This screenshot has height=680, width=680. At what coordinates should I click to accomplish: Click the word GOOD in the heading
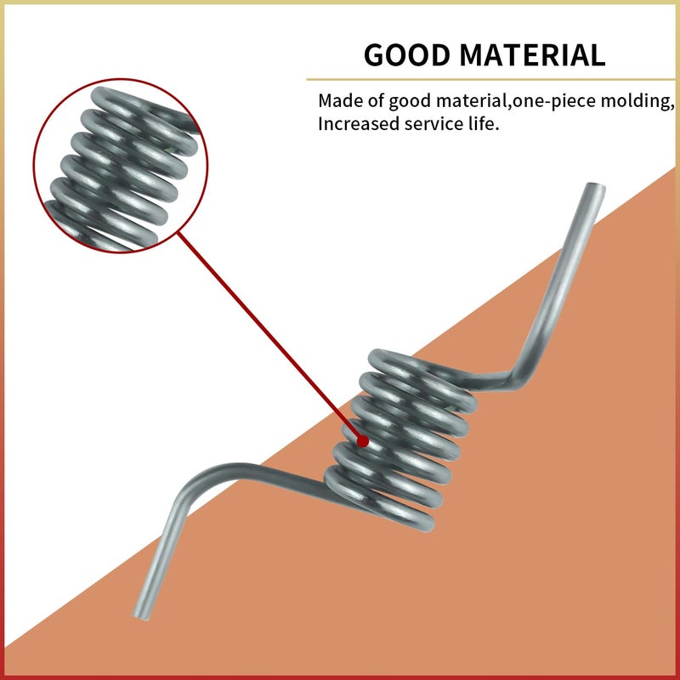pyautogui.click(x=407, y=54)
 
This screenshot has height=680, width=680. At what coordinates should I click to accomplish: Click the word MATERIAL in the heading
pyautogui.click(x=532, y=54)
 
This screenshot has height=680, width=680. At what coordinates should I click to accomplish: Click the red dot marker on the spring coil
pyautogui.click(x=363, y=441)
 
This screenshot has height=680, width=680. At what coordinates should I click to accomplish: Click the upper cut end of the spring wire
pyautogui.click(x=596, y=187)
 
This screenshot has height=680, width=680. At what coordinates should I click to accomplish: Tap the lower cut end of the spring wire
pyautogui.click(x=141, y=615)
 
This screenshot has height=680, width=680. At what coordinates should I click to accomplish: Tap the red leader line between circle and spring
pyautogui.click(x=268, y=336)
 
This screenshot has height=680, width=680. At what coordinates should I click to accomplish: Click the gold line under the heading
pyautogui.click(x=490, y=79)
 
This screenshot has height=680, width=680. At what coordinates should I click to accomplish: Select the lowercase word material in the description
pyautogui.click(x=472, y=100)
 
